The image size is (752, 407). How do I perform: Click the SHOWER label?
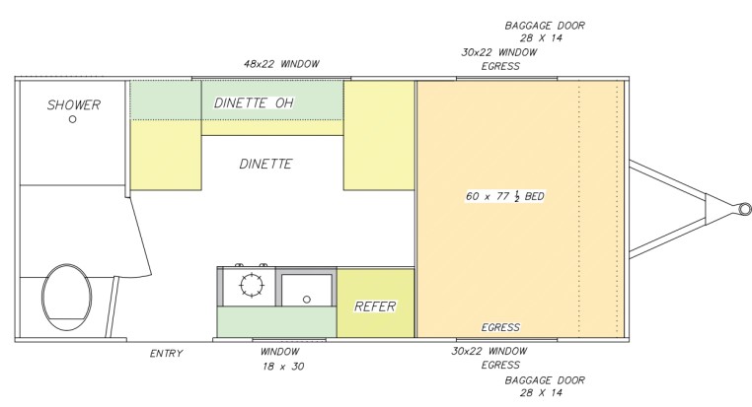tap(74, 104)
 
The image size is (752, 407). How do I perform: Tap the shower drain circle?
tap(72, 119)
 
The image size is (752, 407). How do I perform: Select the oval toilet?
tap(67, 297)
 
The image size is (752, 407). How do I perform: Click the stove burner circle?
tap(252, 285)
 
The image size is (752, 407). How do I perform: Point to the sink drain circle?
tap(307, 300)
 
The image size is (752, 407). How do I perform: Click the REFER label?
tap(375, 306)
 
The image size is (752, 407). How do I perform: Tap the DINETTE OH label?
tap(254, 102)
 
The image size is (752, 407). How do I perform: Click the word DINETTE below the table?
tap(265, 164)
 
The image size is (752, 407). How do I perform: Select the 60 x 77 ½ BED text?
tap(505, 196)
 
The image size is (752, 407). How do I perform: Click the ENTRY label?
tap(167, 354)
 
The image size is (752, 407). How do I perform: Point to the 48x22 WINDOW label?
tap(281, 64)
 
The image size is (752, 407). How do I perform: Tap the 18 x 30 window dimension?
tap(283, 367)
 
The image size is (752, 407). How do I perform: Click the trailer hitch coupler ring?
tap(745, 209)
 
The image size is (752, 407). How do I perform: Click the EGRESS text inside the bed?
tap(500, 327)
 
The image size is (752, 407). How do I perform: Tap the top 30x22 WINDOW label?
tap(499, 52)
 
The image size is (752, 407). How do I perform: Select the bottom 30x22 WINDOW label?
tap(489, 351)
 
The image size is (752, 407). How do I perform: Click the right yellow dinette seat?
tap(379, 136)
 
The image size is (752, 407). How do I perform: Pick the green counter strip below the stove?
tap(276, 322)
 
